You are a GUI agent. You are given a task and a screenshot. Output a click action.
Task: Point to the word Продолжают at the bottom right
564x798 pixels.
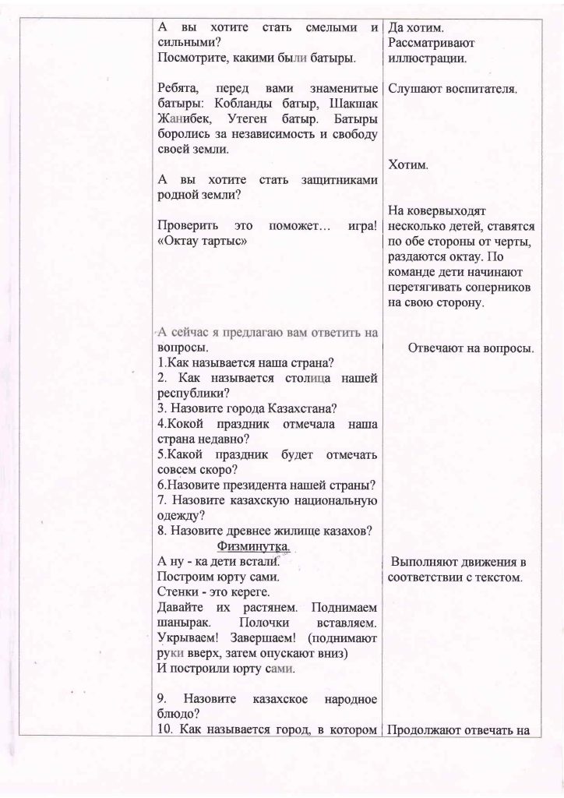[425, 730]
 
